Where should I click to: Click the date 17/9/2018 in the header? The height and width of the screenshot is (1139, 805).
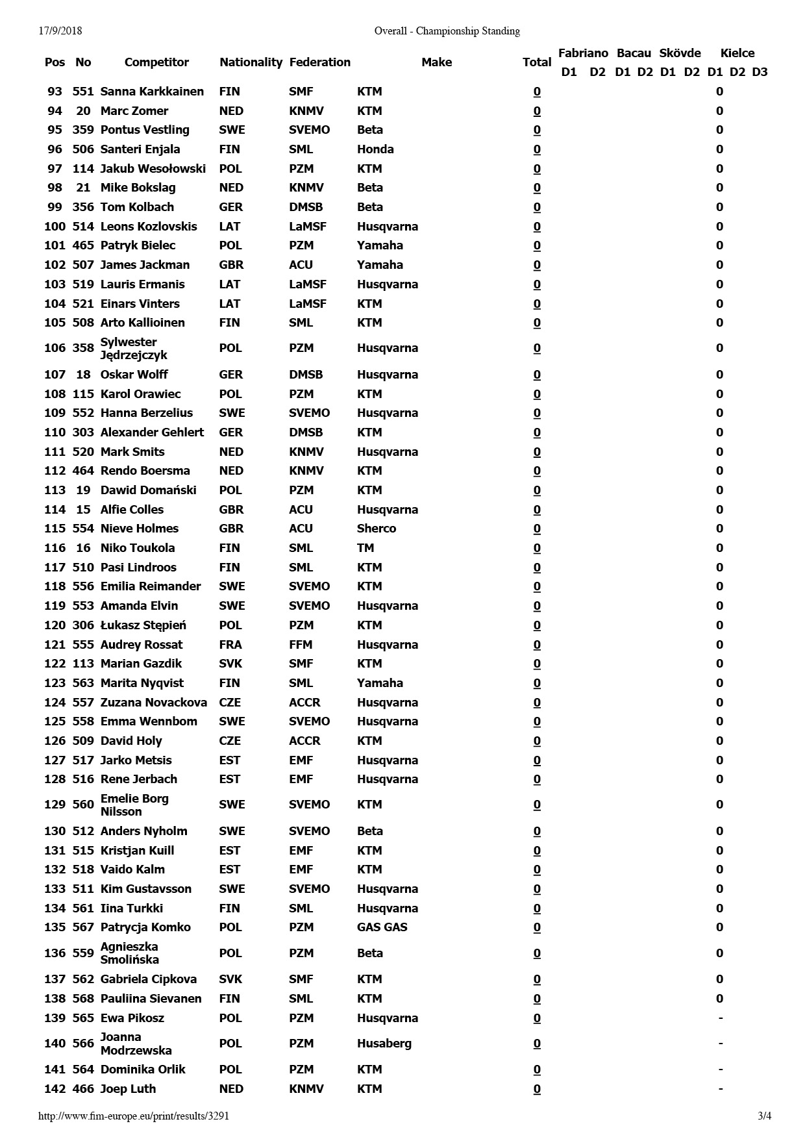click(60, 31)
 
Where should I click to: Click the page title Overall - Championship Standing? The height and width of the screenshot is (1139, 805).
click(447, 31)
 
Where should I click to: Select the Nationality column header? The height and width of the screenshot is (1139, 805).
click(251, 62)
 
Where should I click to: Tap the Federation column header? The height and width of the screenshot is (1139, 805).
click(319, 62)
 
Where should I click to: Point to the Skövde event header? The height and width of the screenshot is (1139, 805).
click(680, 53)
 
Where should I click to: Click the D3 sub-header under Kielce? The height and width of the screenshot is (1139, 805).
click(760, 72)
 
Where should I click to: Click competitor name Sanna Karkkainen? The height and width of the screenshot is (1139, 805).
click(152, 92)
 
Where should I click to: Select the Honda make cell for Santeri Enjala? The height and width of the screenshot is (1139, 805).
click(375, 149)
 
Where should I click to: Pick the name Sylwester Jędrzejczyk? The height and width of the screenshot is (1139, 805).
click(133, 349)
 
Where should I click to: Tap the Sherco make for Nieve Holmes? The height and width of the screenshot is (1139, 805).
click(376, 529)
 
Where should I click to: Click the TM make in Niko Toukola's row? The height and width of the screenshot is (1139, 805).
click(365, 548)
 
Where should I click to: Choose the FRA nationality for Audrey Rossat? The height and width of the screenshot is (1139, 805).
click(230, 645)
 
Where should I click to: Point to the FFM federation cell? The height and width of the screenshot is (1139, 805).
click(301, 645)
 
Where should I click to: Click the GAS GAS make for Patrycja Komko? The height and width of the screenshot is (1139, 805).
click(382, 927)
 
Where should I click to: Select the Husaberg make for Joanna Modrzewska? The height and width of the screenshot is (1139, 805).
click(384, 1044)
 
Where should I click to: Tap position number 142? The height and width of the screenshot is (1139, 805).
click(55, 1089)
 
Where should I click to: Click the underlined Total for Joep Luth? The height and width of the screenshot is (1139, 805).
click(537, 1089)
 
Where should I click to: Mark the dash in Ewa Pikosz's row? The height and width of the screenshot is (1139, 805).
click(720, 1018)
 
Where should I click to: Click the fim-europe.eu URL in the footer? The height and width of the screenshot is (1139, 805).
click(134, 1116)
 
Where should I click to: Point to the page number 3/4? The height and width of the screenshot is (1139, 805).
click(764, 1116)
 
